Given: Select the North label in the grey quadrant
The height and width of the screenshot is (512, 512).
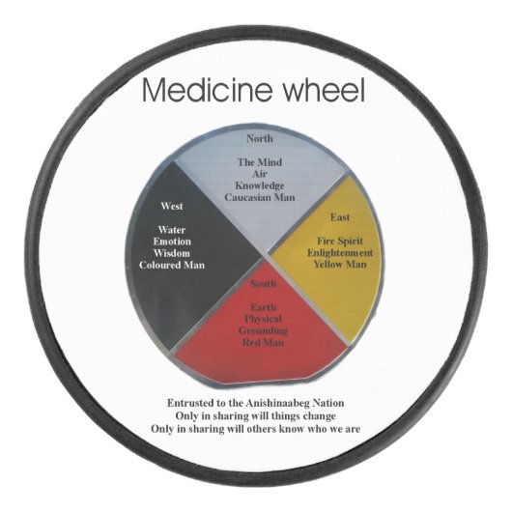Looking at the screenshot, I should click(259, 138).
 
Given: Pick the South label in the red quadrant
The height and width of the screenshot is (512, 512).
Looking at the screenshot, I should click(264, 285).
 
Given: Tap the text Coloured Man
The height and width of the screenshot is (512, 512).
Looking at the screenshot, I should click(171, 265).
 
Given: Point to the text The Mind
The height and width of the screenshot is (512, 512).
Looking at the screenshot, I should click(259, 162).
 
